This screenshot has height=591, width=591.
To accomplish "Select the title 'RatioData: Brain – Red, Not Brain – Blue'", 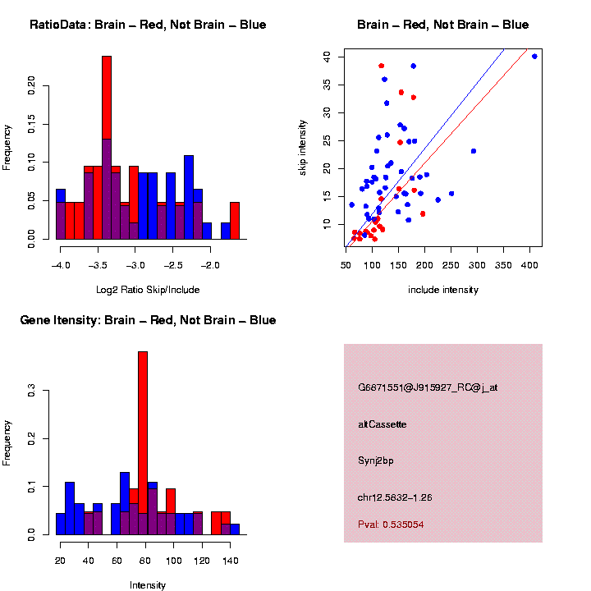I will pos(148,25).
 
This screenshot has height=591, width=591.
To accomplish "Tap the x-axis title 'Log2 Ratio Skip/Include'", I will pos(147,290).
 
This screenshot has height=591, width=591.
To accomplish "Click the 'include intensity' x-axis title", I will pos(443,290).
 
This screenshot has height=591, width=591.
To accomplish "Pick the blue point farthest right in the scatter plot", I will pos(534,57).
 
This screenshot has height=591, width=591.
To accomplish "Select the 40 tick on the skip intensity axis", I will pos(327,57).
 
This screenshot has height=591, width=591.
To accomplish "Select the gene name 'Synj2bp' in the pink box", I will pos(376,461).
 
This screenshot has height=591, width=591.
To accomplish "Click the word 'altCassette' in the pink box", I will pos(383,424).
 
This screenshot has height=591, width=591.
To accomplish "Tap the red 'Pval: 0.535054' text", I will pos(391,525).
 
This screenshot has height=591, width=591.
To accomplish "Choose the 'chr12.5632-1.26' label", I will pos(396,497).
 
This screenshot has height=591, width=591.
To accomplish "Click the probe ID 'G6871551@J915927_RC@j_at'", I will pos(428,387).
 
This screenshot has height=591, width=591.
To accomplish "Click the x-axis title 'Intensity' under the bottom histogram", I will pos(148,585).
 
